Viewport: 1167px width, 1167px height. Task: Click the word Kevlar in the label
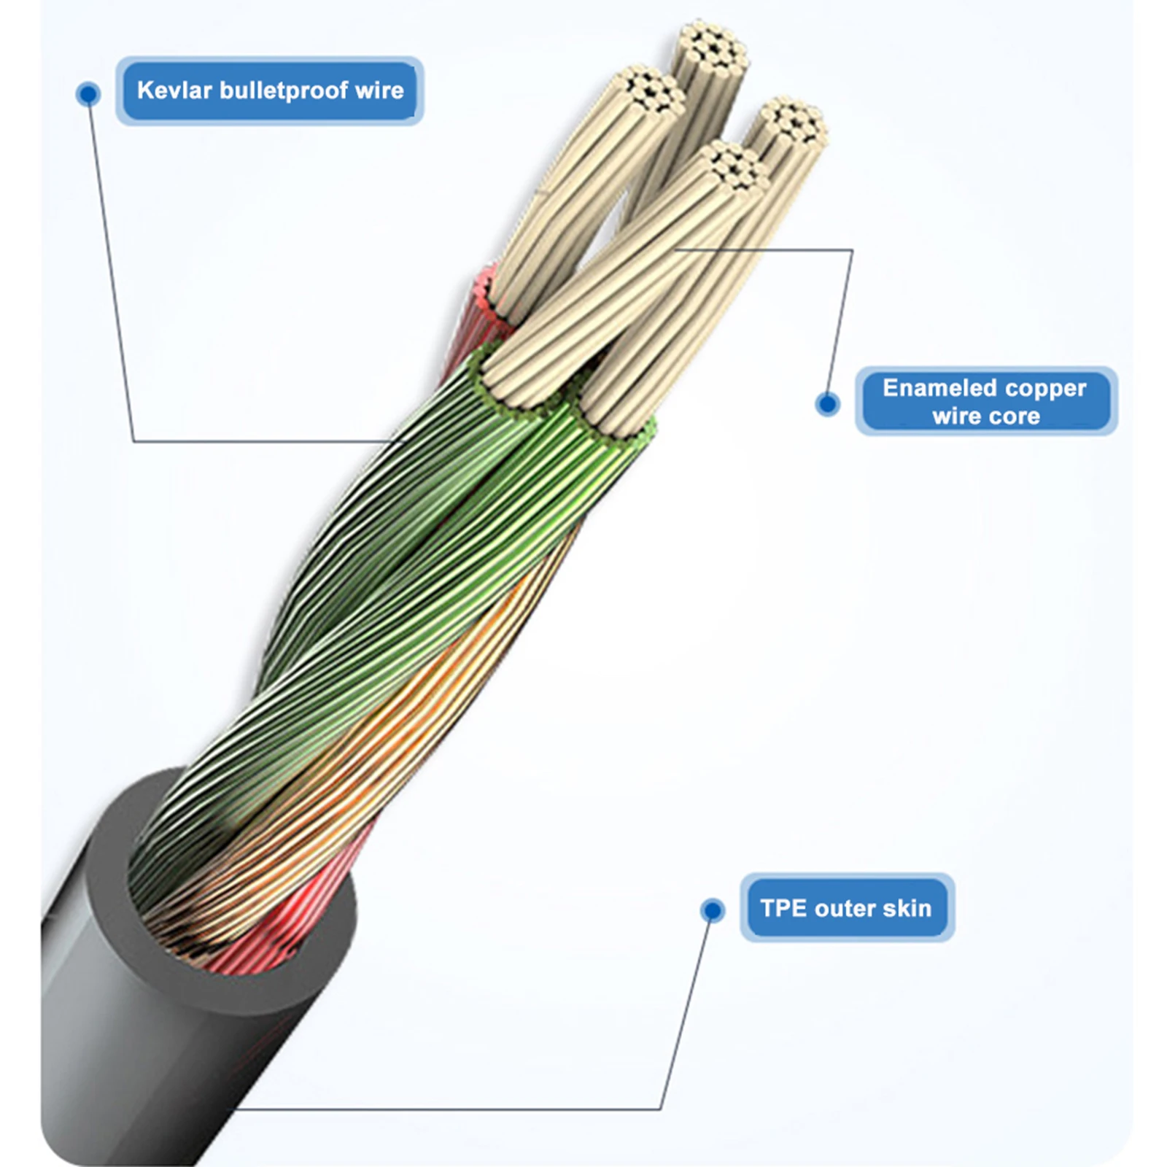point(174,90)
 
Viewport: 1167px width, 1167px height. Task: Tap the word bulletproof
point(284,90)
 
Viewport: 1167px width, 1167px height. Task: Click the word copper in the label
point(1048,388)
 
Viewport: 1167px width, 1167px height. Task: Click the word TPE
point(783,908)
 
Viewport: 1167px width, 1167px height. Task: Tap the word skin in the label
point(907,908)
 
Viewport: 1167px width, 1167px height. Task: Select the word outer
point(845,908)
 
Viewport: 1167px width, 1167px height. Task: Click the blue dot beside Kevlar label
point(89,94)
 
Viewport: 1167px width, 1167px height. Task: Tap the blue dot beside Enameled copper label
point(827,403)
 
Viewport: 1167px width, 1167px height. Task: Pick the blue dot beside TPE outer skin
point(713,910)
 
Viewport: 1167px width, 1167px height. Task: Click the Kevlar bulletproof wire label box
point(270,90)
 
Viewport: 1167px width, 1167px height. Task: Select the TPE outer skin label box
point(847,908)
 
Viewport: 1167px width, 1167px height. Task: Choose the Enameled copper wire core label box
point(985,401)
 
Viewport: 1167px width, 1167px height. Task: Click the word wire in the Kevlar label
point(379,90)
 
